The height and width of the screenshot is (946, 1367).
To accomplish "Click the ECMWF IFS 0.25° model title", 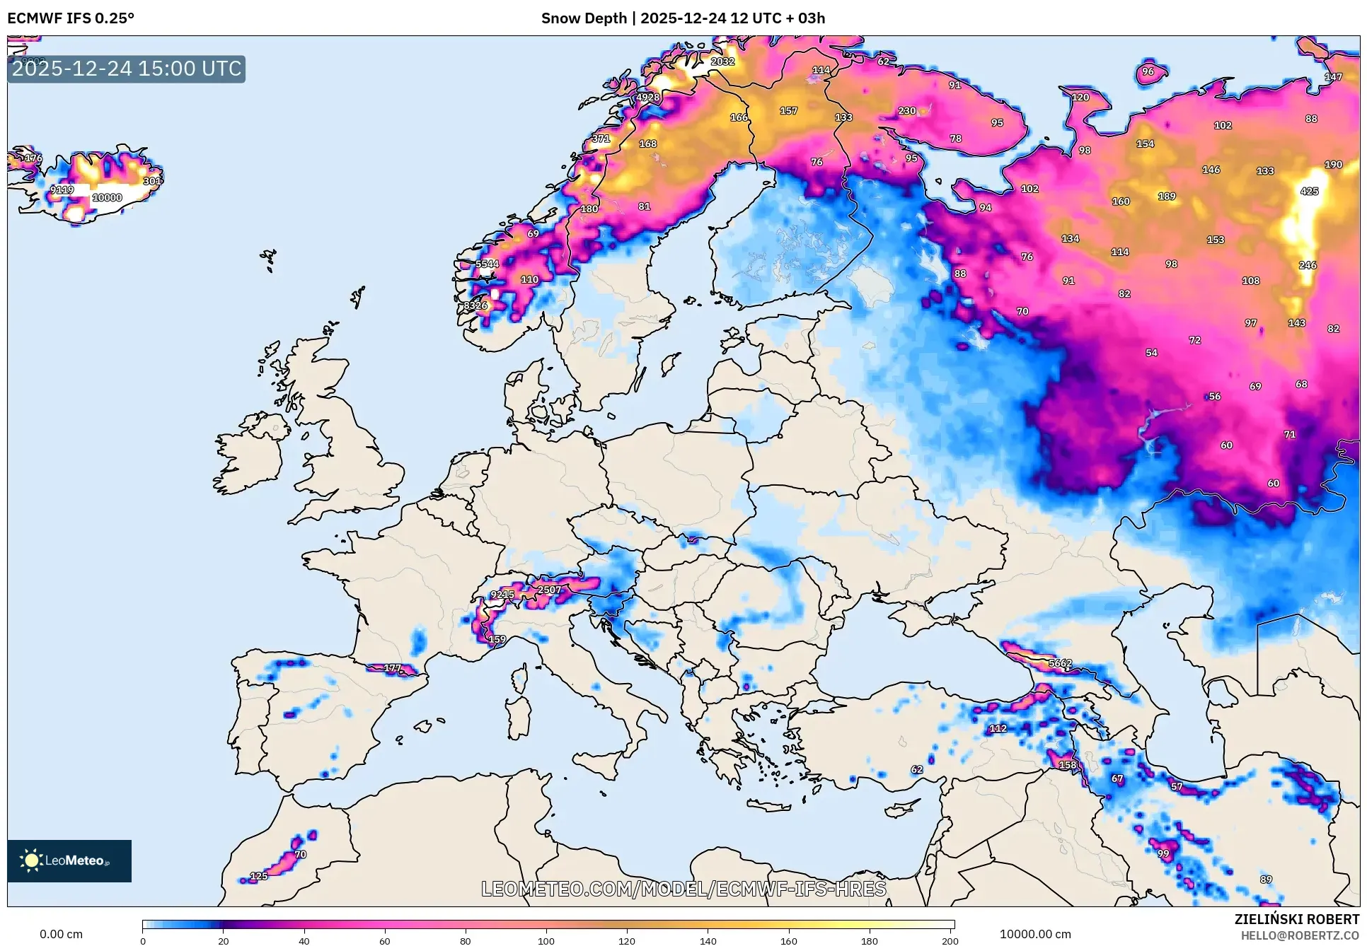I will [x=71, y=18].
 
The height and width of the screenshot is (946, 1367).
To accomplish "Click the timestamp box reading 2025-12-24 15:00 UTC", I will [x=127, y=69].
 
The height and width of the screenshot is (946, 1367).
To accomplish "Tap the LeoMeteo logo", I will [x=69, y=860].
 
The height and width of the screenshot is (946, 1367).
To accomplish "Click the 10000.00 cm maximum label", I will [x=1034, y=934].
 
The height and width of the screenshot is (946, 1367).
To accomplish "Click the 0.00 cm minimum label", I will [x=61, y=934].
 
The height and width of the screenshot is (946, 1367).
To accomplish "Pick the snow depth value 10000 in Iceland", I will [x=108, y=198].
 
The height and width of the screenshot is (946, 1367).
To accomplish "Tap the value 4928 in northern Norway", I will [x=647, y=98].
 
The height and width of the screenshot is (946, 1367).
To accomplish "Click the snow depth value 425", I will [x=1309, y=191].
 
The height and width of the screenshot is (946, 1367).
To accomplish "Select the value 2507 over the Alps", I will [x=549, y=590].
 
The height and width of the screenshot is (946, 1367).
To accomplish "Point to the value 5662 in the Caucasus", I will [x=1060, y=663].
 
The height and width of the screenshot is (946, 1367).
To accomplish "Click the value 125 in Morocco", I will [x=259, y=876].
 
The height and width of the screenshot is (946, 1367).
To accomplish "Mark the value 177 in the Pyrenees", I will [x=393, y=668].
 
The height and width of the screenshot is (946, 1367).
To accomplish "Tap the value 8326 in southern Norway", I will [x=475, y=305].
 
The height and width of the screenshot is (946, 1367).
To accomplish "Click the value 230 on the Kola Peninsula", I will [x=906, y=111].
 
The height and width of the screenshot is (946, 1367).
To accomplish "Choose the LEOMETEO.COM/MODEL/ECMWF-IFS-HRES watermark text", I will [x=683, y=889].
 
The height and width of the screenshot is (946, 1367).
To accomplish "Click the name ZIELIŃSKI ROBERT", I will [x=1296, y=919].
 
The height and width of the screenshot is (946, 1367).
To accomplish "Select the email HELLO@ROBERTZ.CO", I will [x=1300, y=935].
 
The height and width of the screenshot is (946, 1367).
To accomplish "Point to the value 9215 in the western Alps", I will [x=502, y=595].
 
